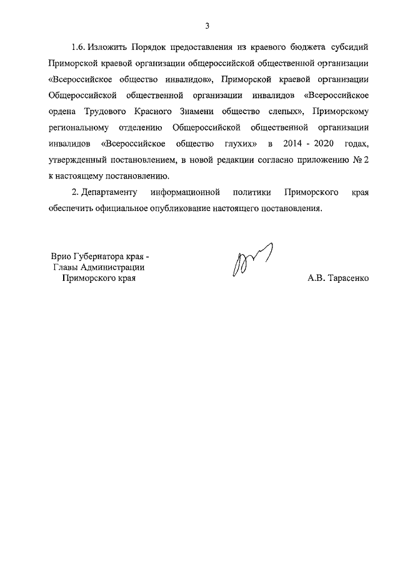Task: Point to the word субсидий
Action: coord(351,47)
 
